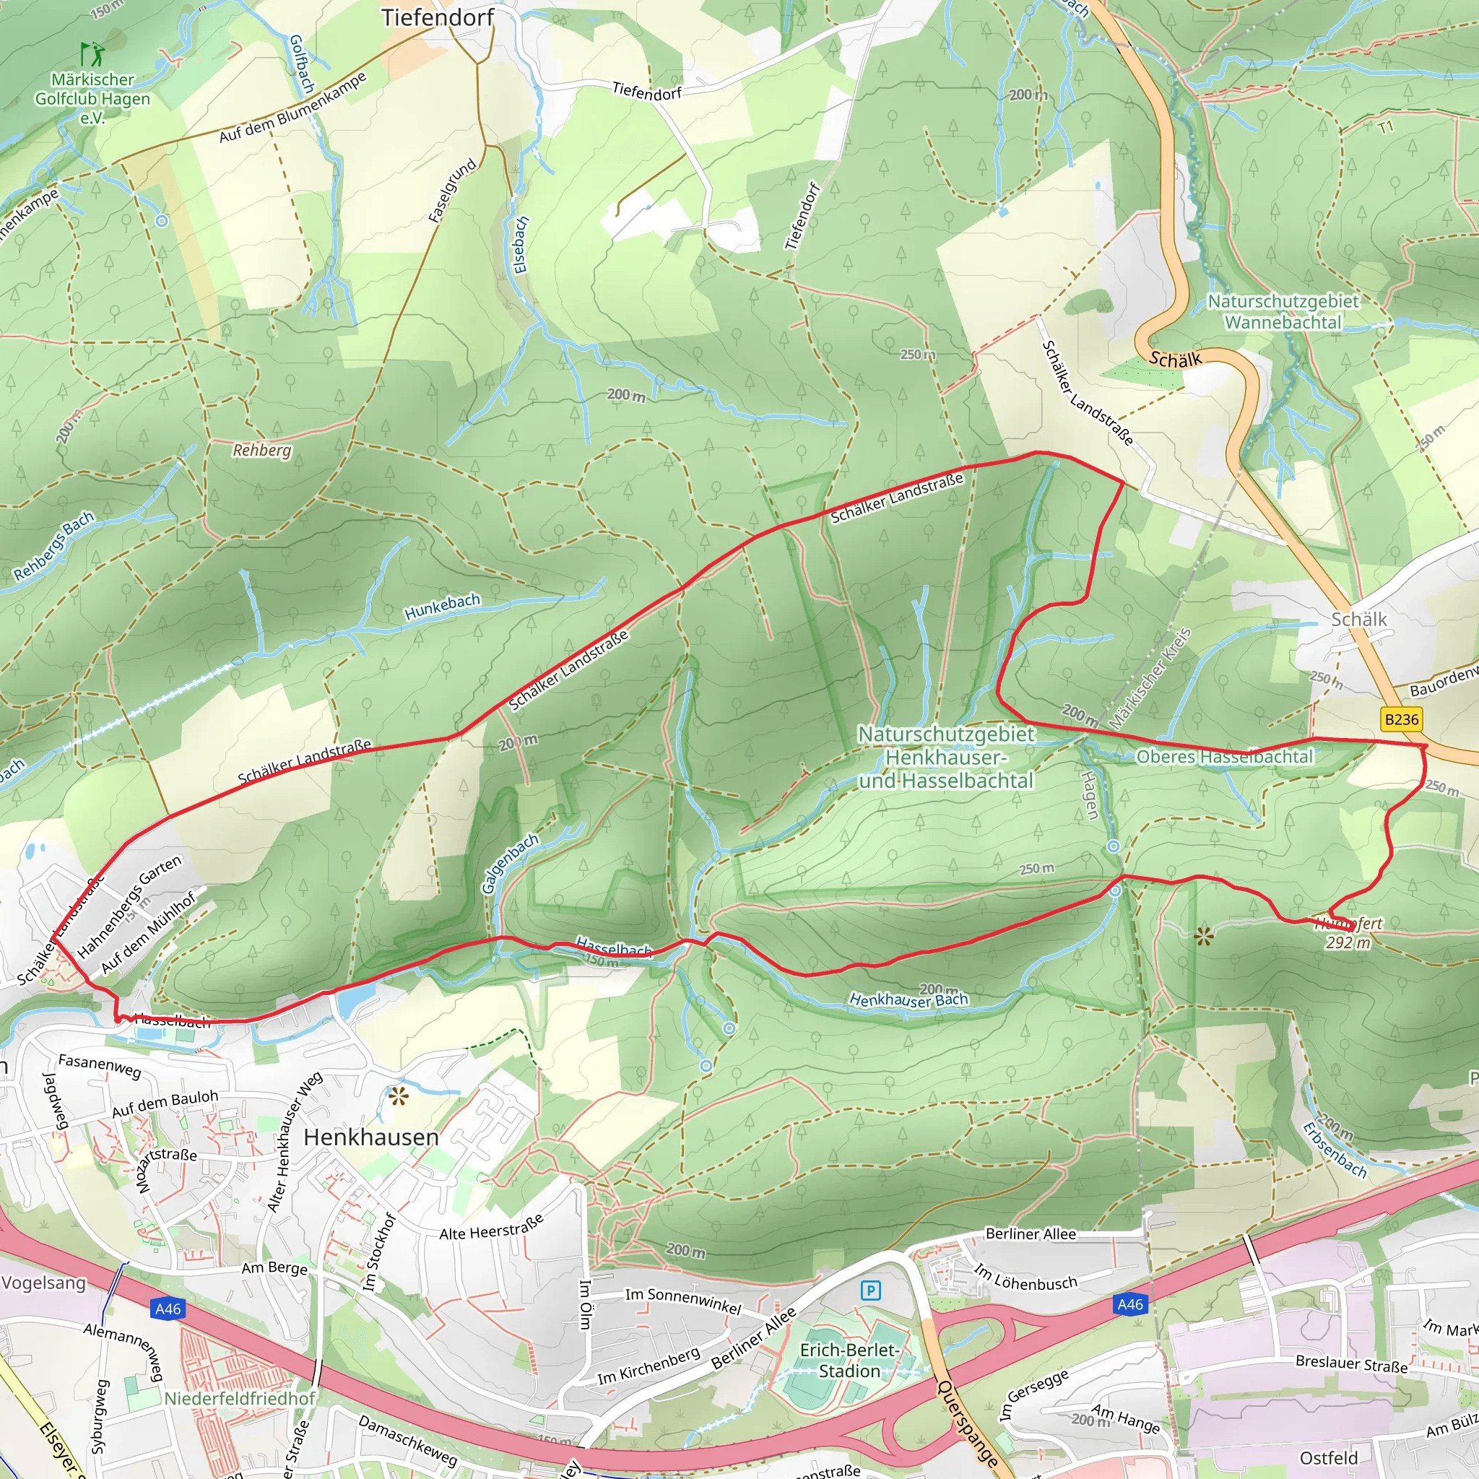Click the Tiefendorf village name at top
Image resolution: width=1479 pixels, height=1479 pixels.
coord(437,17)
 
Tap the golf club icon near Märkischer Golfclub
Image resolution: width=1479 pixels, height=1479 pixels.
coord(91,54)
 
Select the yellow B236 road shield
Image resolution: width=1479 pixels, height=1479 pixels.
coord(1401,719)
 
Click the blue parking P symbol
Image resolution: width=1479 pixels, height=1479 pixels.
coord(870,1291)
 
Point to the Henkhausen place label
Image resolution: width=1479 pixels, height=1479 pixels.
coord(371,1137)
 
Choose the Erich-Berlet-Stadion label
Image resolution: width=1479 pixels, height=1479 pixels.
coord(849,1361)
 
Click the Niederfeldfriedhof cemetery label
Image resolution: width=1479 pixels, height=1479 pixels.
coord(240,1398)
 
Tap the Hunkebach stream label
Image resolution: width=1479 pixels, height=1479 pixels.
coord(443,607)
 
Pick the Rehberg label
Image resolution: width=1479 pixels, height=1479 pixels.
coord(262,450)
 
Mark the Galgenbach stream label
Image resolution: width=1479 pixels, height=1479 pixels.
coord(510,864)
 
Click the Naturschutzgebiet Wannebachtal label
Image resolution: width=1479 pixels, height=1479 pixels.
coord(1283,311)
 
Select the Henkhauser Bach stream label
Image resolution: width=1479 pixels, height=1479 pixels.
coord(908,999)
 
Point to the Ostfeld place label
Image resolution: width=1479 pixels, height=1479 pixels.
coord(1328,1457)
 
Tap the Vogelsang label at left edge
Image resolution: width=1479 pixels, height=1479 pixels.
coord(43,1283)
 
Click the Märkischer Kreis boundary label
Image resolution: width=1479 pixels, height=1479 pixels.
coord(1150,678)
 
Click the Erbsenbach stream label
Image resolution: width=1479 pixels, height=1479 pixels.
coord(1335,1150)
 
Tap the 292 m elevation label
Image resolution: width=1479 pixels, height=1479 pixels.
coord(1348,943)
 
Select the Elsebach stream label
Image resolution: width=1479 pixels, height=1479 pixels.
coord(521,245)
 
